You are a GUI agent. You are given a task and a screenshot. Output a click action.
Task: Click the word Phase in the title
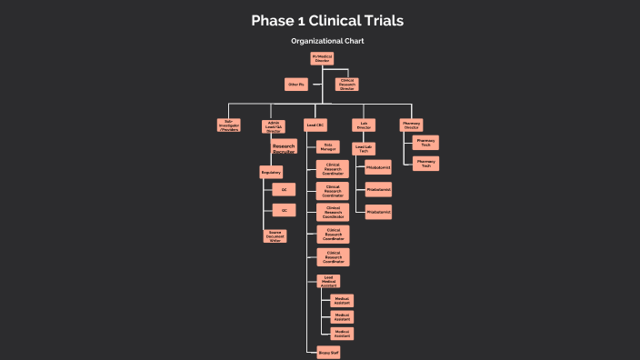pyautogui.click(x=273, y=20)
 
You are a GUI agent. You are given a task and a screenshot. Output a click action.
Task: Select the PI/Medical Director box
pyautogui.click(x=322, y=59)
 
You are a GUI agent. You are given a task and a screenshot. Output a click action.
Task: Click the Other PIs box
pyautogui.click(x=296, y=85)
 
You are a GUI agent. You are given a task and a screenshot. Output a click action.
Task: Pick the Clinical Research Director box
pyautogui.click(x=347, y=85)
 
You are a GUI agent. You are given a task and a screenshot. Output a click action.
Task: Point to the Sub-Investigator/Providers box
pyautogui.click(x=229, y=125)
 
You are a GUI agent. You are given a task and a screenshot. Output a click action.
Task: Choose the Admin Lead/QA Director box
pyautogui.click(x=274, y=126)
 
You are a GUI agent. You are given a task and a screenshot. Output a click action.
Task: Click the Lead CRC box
pyautogui.click(x=315, y=125)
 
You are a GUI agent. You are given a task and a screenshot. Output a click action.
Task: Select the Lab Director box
pyautogui.click(x=364, y=125)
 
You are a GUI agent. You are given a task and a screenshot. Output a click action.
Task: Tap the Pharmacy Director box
pyautogui.click(x=412, y=125)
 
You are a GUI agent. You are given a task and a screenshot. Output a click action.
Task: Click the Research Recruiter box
pyautogui.click(x=284, y=147)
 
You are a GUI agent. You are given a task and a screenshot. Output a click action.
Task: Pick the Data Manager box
pyautogui.click(x=329, y=146)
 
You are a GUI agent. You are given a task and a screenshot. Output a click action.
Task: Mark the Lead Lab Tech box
pyautogui.click(x=364, y=148)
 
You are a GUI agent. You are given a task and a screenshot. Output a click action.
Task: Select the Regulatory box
pyautogui.click(x=271, y=172)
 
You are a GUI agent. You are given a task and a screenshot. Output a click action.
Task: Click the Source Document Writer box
pyautogui.click(x=274, y=235)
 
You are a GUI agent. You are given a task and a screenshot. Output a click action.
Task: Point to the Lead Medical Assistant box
pyautogui.click(x=328, y=282)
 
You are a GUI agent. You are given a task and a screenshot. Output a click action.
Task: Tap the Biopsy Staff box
pyautogui.click(x=328, y=353)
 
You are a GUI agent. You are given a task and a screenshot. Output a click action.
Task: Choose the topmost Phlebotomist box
pyautogui.click(x=378, y=167)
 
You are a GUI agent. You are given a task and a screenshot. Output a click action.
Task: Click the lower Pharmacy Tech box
pyautogui.click(x=425, y=164)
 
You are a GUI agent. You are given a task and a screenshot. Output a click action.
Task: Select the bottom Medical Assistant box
pyautogui.click(x=342, y=334)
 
